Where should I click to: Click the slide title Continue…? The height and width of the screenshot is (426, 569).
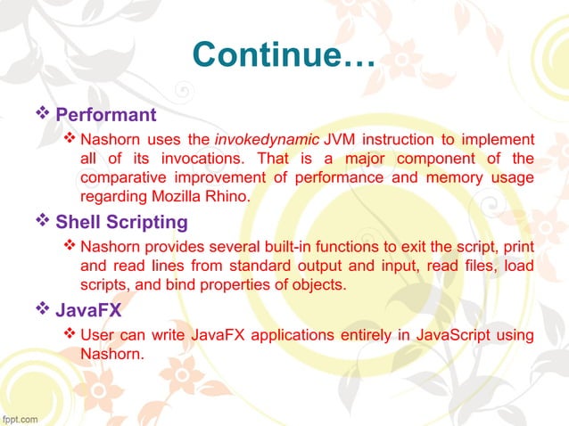[x=284, y=54]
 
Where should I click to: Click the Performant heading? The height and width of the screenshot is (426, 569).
[x=106, y=115]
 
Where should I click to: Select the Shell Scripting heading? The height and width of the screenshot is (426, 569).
[x=121, y=222]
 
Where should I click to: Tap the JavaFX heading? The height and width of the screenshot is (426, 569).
[x=88, y=312]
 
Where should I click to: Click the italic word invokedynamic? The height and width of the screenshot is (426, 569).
[x=266, y=140]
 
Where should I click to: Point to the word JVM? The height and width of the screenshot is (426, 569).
[x=340, y=140]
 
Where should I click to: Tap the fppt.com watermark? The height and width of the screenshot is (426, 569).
[x=20, y=416]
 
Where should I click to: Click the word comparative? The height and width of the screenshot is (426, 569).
[x=120, y=177]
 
